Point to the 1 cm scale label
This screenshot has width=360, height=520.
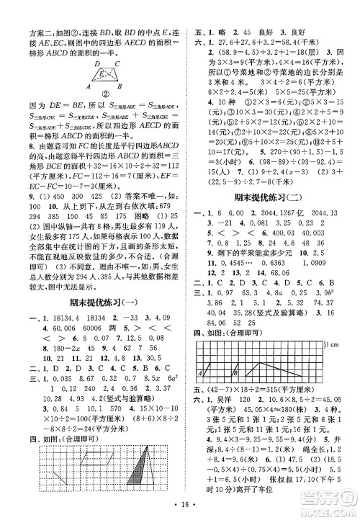[x=334, y=348]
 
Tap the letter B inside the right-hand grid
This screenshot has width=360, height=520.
[x=235, y=373]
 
